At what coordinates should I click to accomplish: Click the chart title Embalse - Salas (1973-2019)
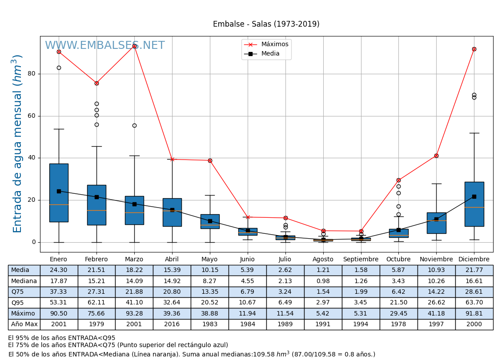point(266,24)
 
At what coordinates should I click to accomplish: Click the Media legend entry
point(270,54)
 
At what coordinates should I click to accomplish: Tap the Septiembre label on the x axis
point(361,260)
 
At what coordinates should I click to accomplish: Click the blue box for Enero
point(59,192)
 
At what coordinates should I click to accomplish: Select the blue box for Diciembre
point(474,204)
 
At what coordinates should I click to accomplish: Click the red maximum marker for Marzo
point(134,46)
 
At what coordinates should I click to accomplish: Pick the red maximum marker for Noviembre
point(436,156)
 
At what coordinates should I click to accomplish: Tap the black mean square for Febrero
point(96,197)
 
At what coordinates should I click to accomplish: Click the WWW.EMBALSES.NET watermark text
point(104,46)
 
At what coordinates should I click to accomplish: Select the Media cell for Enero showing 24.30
point(59,270)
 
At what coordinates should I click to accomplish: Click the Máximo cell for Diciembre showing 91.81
point(474,313)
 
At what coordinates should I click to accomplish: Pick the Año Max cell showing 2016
point(172,324)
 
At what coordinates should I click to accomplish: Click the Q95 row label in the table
point(17,303)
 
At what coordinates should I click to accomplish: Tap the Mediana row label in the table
point(24,281)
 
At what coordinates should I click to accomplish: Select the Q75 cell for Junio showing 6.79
point(247,292)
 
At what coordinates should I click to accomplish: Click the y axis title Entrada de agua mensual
point(18,144)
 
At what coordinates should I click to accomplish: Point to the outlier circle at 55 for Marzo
point(134,126)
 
